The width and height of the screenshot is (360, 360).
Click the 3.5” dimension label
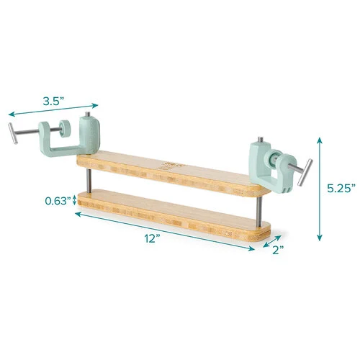point(53,102)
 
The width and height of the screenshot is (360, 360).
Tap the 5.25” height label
point(341,188)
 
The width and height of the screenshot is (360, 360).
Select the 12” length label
point(152,238)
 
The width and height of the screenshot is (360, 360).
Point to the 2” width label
point(278,250)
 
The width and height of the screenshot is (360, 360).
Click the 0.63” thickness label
point(58,201)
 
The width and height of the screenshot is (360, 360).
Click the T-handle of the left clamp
point(13,133)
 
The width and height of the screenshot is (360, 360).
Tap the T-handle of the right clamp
point(305,172)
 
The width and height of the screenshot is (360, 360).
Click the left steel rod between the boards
point(89,181)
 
